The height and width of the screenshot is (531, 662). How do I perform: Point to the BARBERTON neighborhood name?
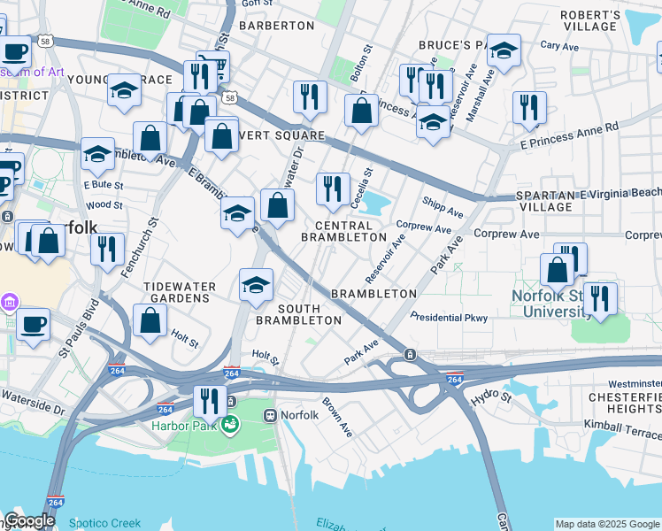point(277,26)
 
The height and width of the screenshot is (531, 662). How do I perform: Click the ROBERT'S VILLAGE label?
point(590,20)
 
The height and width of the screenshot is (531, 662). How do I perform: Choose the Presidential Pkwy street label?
point(449,317)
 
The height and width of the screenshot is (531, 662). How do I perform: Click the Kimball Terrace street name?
point(621,425)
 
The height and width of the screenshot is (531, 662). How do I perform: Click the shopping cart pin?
point(212,66)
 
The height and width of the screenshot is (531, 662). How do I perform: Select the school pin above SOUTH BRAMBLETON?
point(256,285)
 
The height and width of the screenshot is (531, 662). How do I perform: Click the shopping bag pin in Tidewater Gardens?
point(150,319)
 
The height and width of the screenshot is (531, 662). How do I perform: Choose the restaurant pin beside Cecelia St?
point(333,188)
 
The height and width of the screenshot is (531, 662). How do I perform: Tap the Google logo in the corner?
point(28,520)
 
